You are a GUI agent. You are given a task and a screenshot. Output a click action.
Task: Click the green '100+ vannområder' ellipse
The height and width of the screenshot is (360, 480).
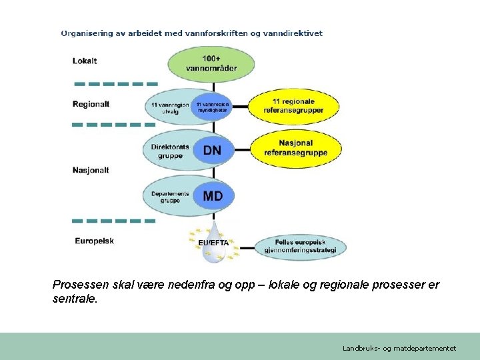[x=211, y=64]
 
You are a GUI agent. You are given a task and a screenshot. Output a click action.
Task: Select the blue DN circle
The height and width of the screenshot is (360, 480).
[x=212, y=151]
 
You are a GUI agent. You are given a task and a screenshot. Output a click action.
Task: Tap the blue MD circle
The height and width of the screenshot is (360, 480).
[x=213, y=197]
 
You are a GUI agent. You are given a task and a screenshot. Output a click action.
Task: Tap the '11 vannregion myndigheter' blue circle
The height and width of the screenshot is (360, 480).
[x=211, y=107]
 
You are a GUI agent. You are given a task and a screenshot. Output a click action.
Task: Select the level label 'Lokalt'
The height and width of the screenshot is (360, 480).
[x=85, y=61]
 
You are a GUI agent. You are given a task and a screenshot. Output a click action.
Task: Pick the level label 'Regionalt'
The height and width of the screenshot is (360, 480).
[x=91, y=104]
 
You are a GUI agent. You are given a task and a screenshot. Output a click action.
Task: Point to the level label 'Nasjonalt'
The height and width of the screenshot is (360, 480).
[x=91, y=170]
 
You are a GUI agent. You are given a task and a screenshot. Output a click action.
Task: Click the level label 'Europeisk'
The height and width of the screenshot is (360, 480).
[x=94, y=241]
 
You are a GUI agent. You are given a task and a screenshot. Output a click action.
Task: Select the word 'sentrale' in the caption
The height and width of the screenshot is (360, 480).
[x=74, y=299]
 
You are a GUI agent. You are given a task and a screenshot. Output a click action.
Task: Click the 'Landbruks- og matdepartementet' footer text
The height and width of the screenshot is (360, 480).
[x=399, y=348]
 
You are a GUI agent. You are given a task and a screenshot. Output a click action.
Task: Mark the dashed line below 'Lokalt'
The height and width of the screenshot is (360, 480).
[x=115, y=84]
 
